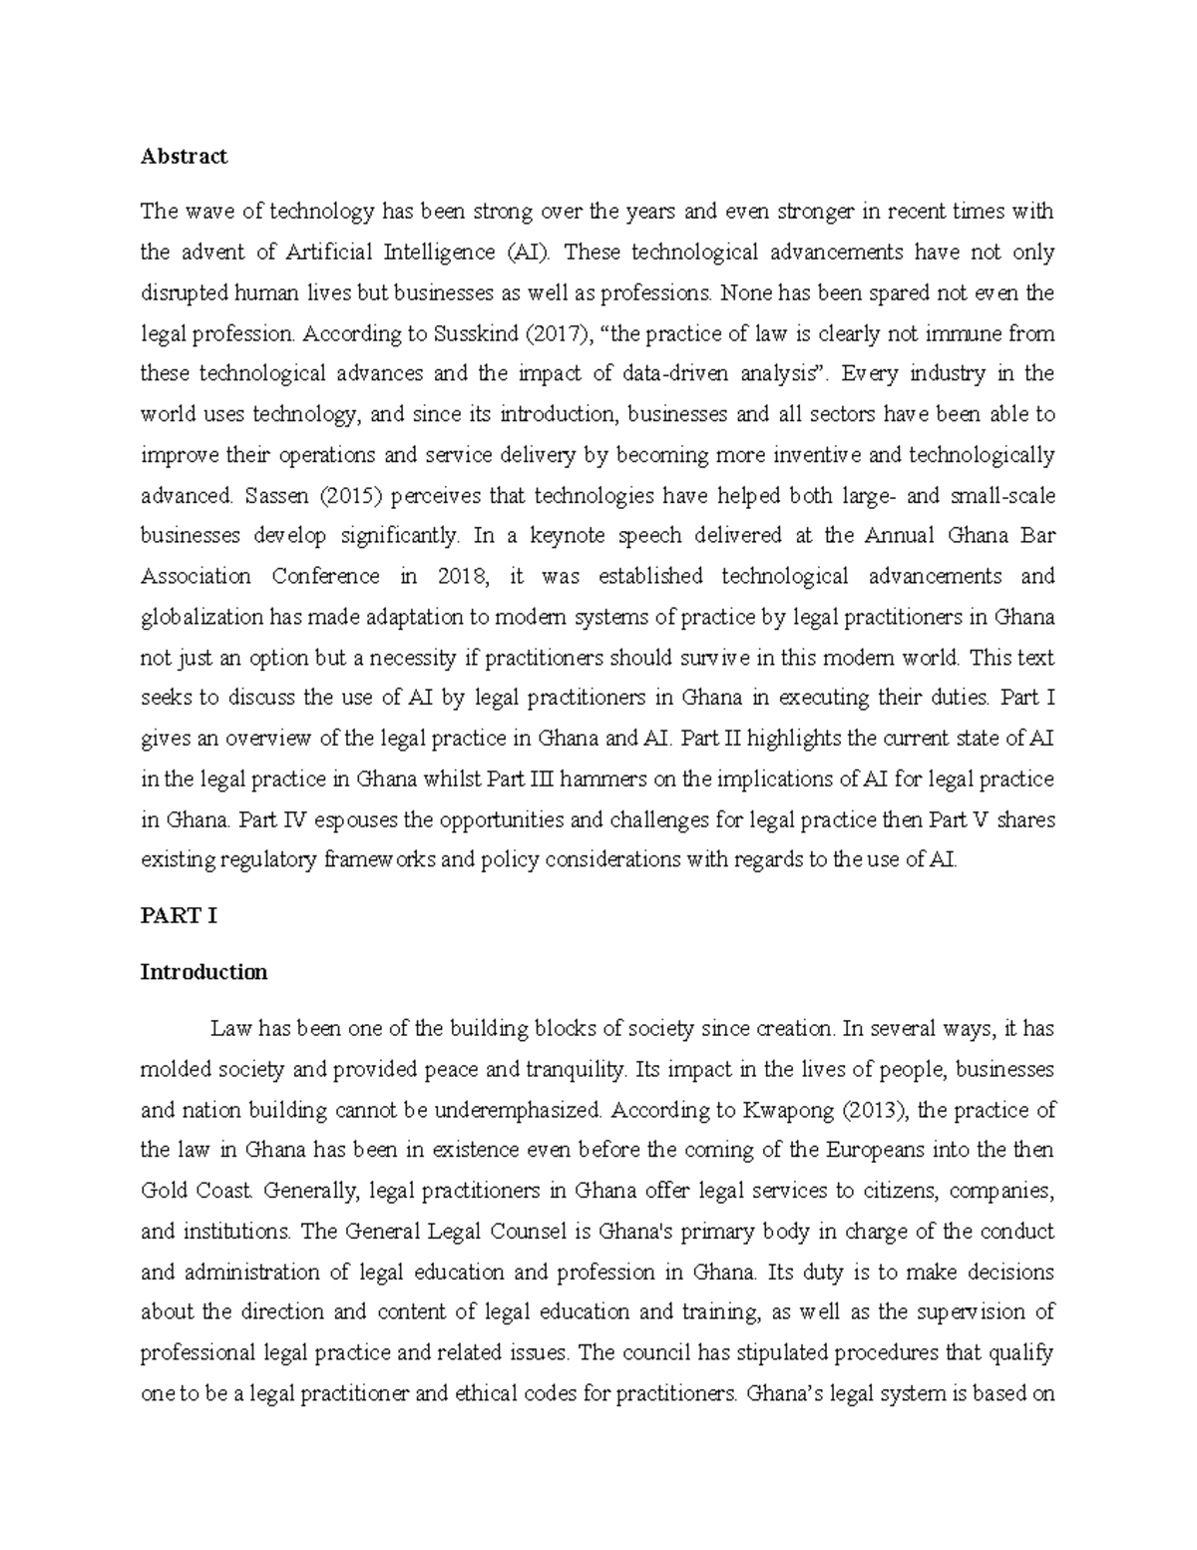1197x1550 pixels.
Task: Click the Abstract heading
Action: tap(184, 156)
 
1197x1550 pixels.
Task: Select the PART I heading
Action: tap(179, 916)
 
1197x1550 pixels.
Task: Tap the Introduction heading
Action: tap(203, 971)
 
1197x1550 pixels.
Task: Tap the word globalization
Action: tap(202, 617)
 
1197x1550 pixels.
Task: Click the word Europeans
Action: tap(880, 1150)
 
